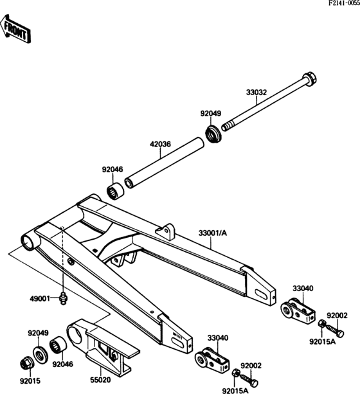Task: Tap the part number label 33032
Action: pos(256,92)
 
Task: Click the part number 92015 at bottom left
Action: pos(30,381)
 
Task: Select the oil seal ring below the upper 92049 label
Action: pos(212,134)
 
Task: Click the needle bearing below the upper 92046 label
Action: pos(115,190)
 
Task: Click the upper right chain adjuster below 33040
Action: pos(298,310)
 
